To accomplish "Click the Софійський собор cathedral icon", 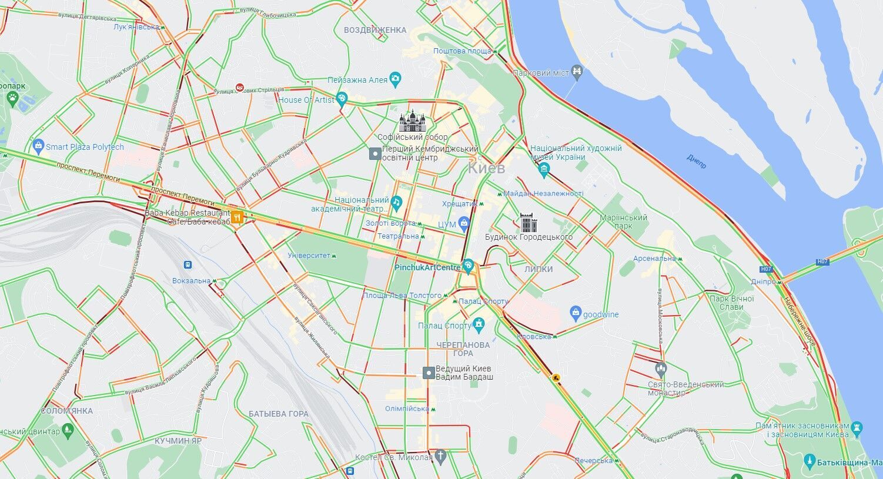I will point(412,122).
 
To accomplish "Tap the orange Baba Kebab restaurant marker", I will point(237,217).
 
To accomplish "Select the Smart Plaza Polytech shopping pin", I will point(39,145).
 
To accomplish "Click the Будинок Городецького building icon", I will point(529,223).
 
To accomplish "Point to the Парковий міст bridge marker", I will point(577,72).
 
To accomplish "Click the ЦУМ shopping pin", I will point(464,223).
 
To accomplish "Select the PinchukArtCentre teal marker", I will point(468,266).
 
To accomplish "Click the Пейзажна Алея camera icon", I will point(396,78).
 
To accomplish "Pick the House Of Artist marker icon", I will point(342,98).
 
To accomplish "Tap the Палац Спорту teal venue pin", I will point(479,323).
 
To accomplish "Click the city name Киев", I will point(486,168).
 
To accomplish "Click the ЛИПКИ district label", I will point(539,269).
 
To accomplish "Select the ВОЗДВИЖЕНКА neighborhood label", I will point(375,30).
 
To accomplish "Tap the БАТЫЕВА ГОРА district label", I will point(278,414).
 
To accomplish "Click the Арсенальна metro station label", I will point(654,259).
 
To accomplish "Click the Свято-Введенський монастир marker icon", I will point(661,370).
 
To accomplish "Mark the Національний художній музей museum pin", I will point(544,170).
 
